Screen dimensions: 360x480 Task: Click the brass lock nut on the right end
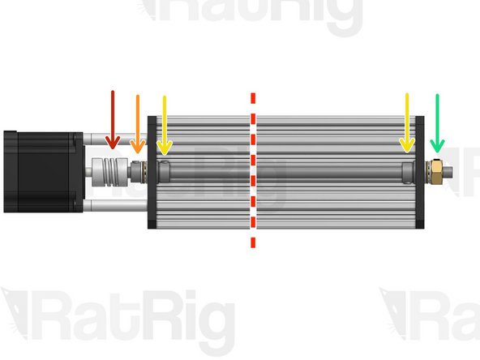point(435,171)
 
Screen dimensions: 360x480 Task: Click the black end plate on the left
point(152,172)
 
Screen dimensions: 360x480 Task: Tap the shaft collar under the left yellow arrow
point(165,171)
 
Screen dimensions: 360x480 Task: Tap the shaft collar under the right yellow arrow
point(407,171)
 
